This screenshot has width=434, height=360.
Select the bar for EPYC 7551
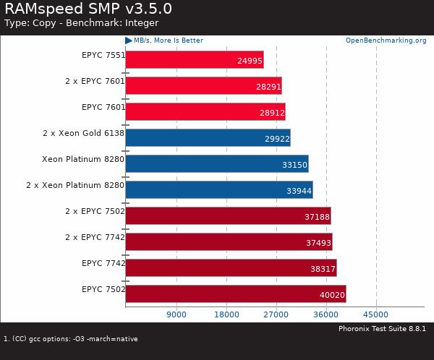[x=195, y=59]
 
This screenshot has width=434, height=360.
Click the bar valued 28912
[x=205, y=112]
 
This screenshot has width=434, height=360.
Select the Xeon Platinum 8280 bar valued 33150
[x=217, y=163]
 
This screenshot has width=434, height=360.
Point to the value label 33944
[x=298, y=190]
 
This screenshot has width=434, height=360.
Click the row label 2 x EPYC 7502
[x=95, y=211]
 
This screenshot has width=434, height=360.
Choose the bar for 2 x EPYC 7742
[x=229, y=241]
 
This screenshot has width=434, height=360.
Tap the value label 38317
[x=322, y=268]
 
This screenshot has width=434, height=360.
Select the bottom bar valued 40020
[x=236, y=293]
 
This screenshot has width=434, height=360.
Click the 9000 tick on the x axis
[x=176, y=314]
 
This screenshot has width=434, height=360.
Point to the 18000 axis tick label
[x=226, y=314]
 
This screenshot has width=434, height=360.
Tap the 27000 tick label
[x=276, y=314]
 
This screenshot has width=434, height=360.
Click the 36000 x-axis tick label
[x=326, y=314]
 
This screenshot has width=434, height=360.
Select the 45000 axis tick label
[x=376, y=314]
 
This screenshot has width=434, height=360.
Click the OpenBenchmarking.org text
[x=386, y=40]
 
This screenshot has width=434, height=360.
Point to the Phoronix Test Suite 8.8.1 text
[x=382, y=329]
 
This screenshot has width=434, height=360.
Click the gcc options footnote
[x=71, y=338]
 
